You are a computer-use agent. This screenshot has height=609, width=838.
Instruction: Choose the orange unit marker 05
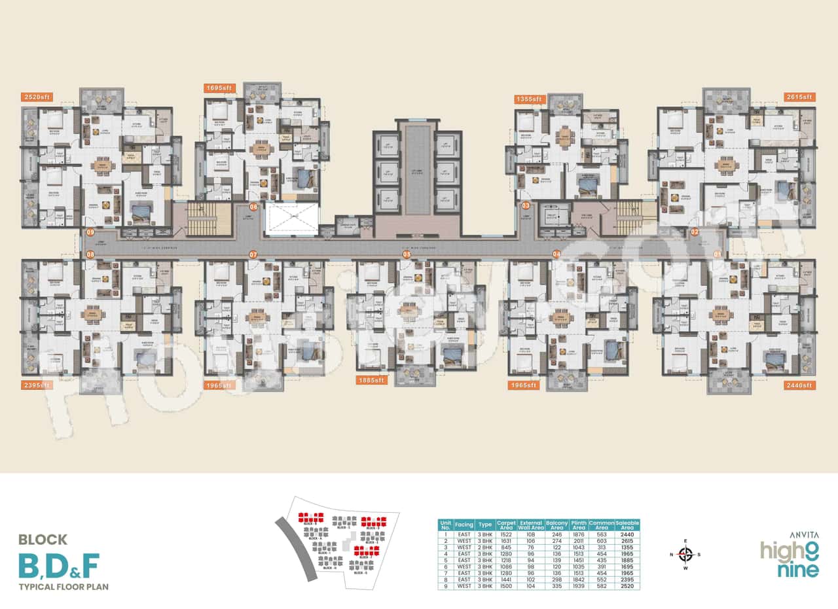(x=407, y=254)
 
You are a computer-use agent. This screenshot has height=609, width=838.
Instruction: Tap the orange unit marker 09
(x=90, y=232)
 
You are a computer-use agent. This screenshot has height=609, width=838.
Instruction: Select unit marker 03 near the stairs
(x=526, y=205)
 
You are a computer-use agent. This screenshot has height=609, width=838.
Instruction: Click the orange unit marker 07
(x=253, y=254)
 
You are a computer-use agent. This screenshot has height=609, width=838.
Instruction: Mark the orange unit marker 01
(x=718, y=254)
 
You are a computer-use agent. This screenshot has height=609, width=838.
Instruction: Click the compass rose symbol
(x=685, y=555)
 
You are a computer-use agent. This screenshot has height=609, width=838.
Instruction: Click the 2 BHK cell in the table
(x=485, y=548)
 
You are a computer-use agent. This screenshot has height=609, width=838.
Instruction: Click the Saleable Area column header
(x=627, y=524)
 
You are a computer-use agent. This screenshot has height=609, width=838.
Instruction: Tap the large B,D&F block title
(x=60, y=565)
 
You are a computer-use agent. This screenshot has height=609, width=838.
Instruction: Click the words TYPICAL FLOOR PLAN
(x=64, y=587)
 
